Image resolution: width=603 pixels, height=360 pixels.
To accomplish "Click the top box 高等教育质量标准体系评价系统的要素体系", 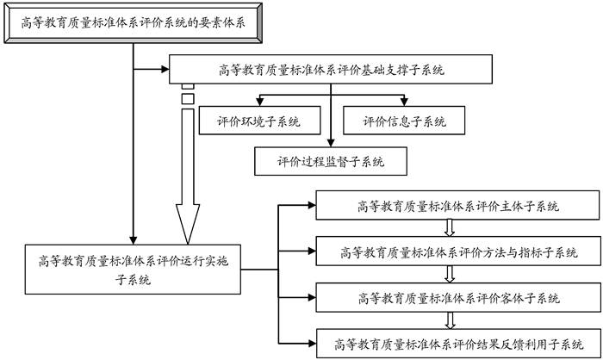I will pyautogui.click(x=134, y=23).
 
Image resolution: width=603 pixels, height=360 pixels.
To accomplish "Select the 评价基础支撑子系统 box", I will pyautogui.click(x=331, y=70).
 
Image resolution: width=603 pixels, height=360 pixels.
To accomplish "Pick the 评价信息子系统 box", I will pyautogui.click(x=405, y=121).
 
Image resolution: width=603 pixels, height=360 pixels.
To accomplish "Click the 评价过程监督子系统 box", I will pyautogui.click(x=331, y=160).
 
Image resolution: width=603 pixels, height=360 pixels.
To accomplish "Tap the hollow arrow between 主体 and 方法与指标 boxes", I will pyautogui.click(x=449, y=229).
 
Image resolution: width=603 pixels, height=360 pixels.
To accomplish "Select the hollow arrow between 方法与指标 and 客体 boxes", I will pyautogui.click(x=449, y=275).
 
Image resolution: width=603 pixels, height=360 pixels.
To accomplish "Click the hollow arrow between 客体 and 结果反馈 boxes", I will pyautogui.click(x=449, y=320).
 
